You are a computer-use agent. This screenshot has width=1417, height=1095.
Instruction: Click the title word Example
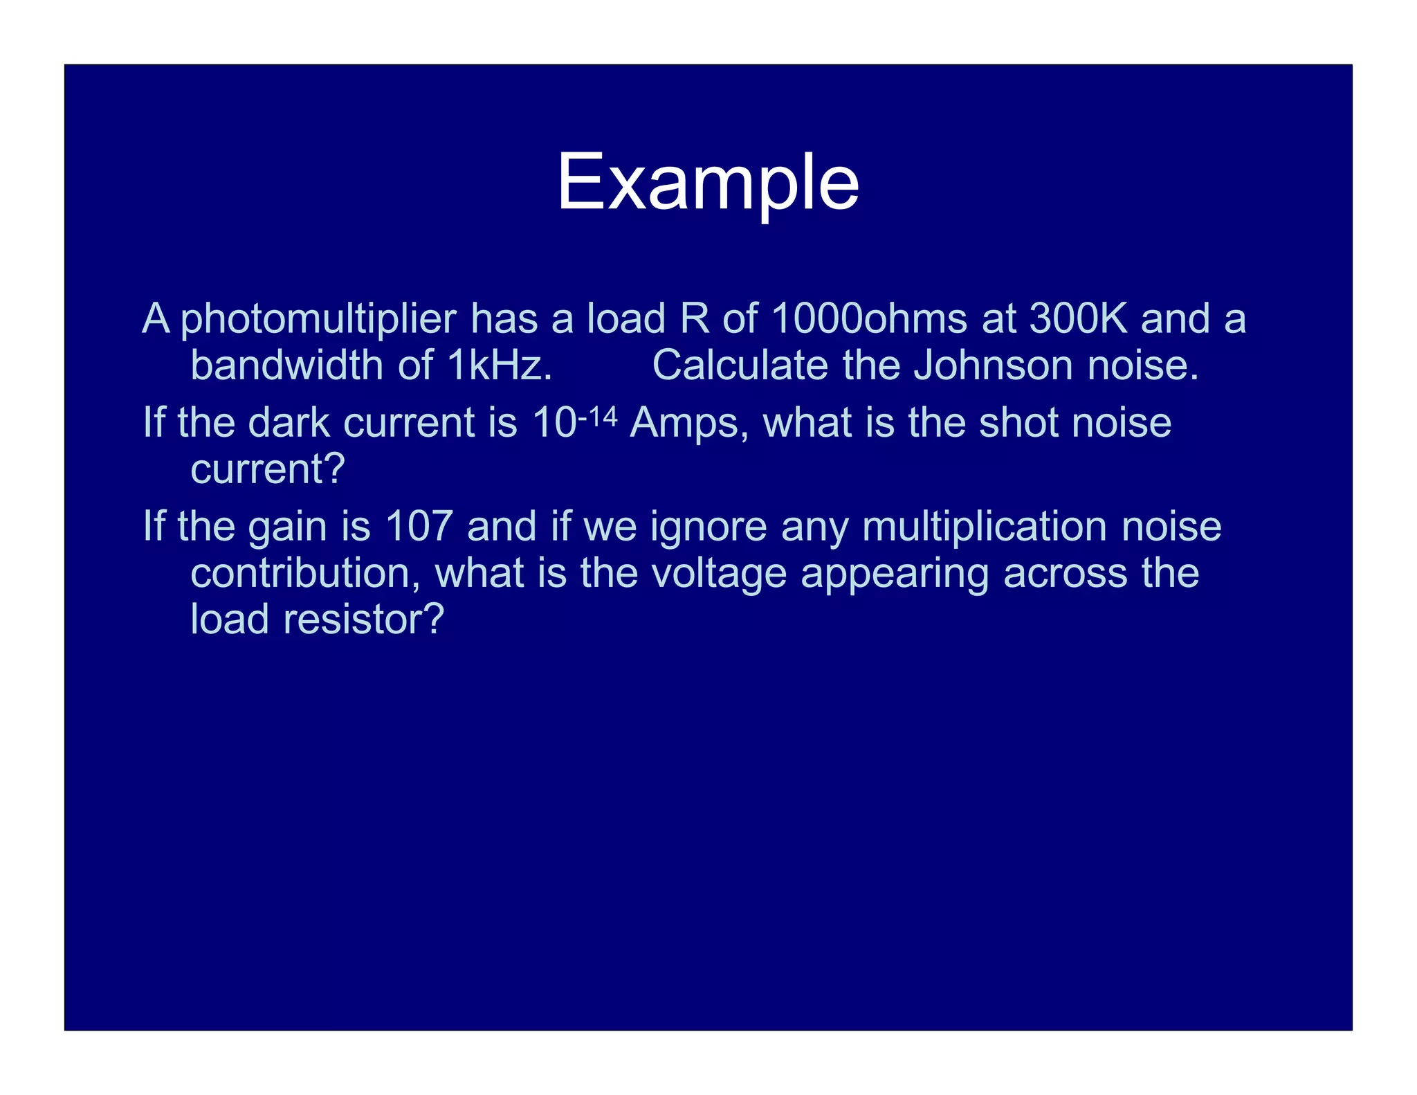click(707, 183)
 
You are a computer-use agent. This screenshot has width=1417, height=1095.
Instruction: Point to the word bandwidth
click(286, 365)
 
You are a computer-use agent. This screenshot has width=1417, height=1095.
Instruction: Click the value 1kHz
click(500, 365)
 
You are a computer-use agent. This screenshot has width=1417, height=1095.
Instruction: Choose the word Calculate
click(740, 365)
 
